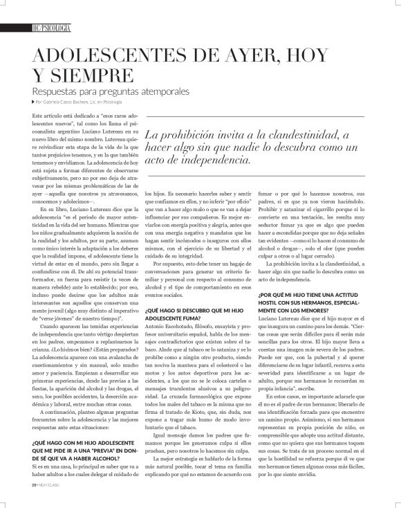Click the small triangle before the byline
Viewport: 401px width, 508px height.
34,102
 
